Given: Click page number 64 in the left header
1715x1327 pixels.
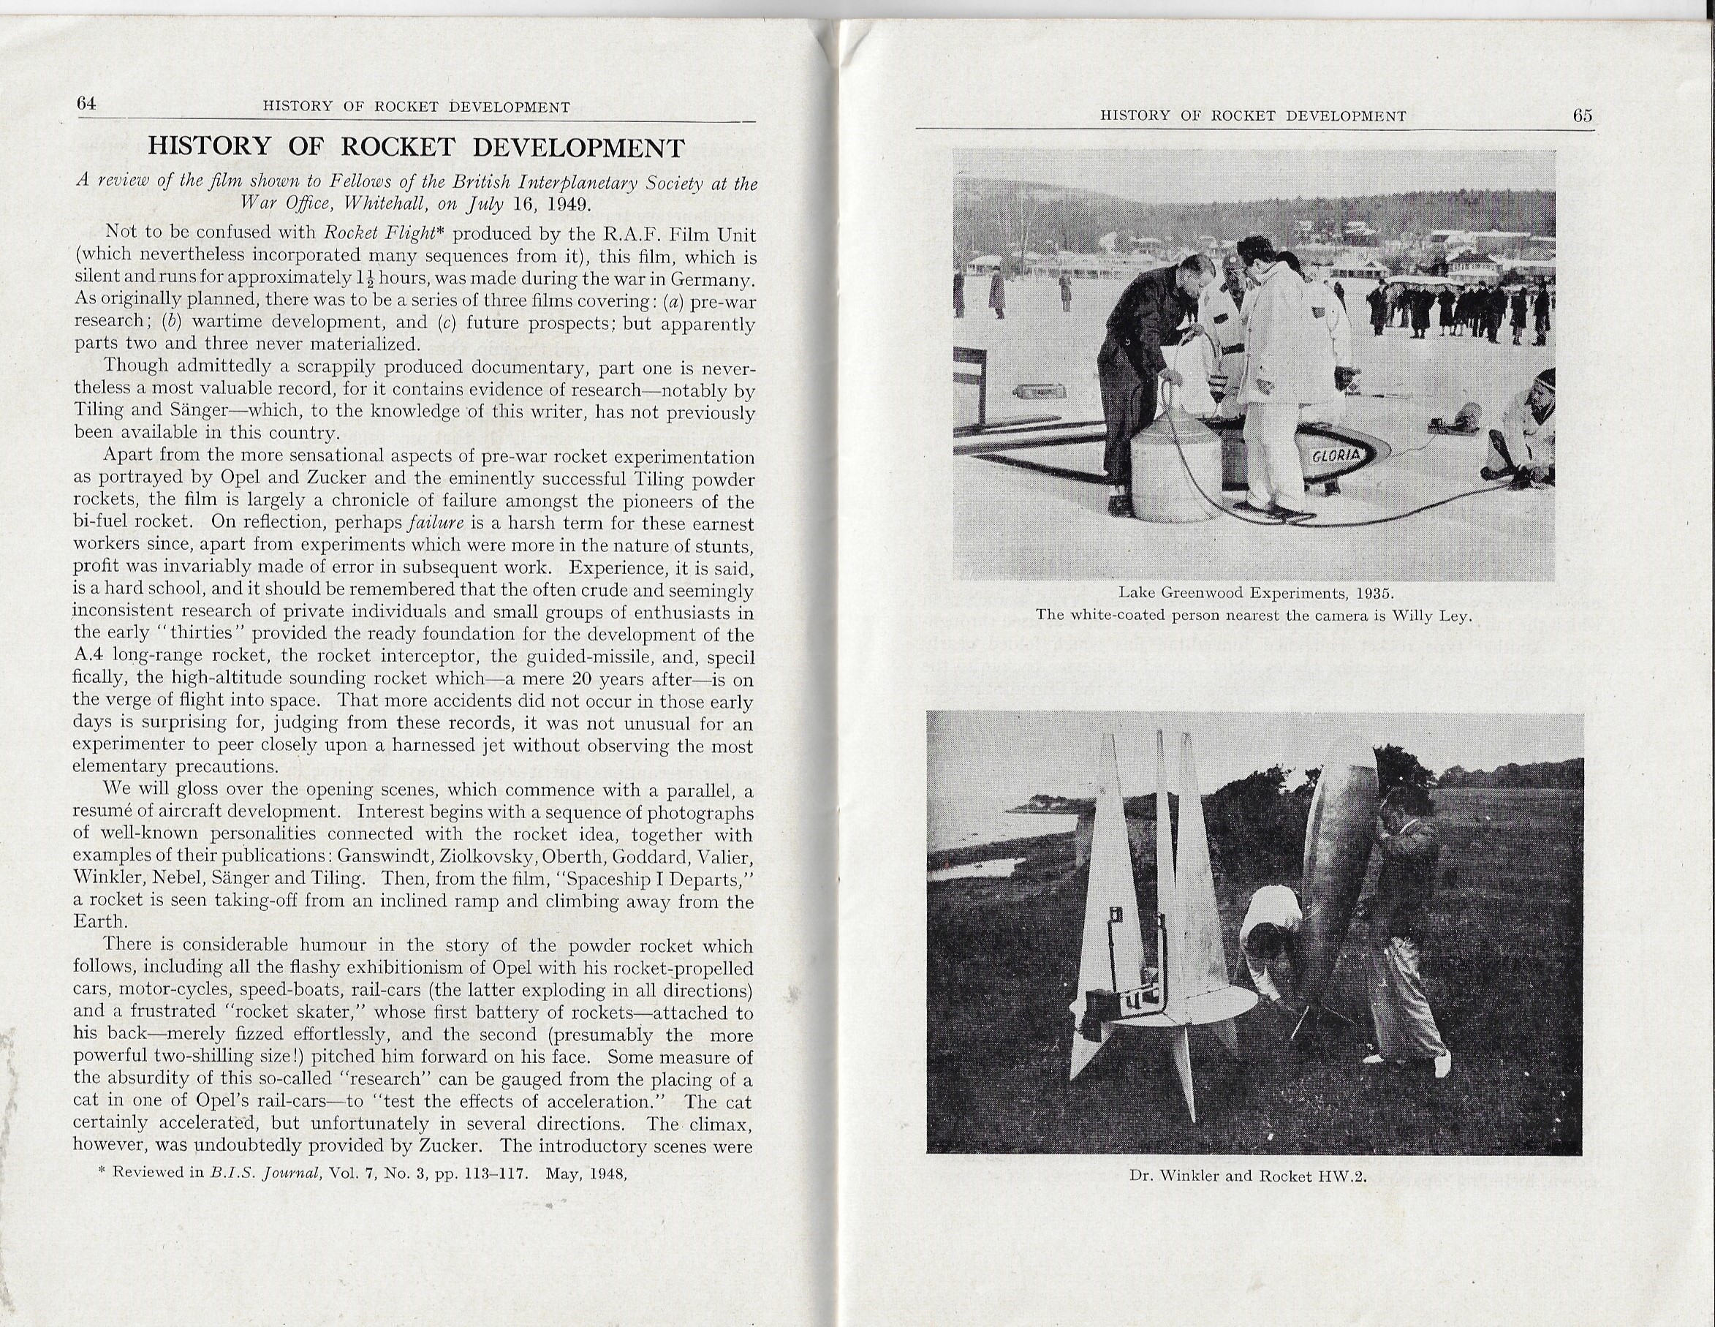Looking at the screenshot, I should (x=86, y=103).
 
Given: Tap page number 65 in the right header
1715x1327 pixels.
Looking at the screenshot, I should (x=1582, y=116).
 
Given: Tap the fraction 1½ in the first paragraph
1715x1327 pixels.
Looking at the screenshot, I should (x=363, y=279).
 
